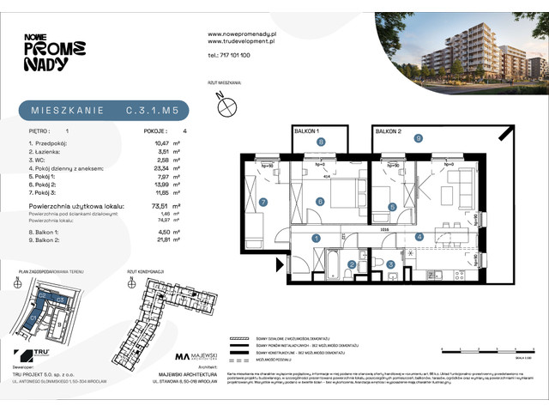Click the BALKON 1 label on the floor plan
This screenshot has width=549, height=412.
306,130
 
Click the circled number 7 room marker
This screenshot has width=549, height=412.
264,202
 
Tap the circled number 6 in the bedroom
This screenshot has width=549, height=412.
319,202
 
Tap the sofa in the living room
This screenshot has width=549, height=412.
463,185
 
